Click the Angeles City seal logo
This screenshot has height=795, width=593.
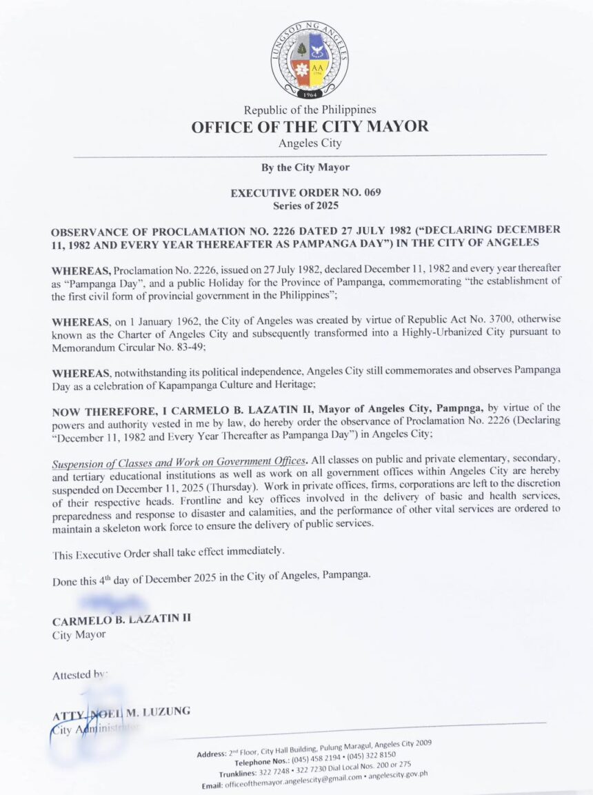coord(309,60)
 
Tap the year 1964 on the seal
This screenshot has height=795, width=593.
coord(309,94)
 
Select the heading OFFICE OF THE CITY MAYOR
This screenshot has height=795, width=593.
coord(310,127)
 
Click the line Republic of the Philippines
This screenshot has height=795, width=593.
coord(310,110)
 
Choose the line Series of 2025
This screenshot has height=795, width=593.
coord(306,205)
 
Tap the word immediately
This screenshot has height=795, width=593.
coord(247,552)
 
